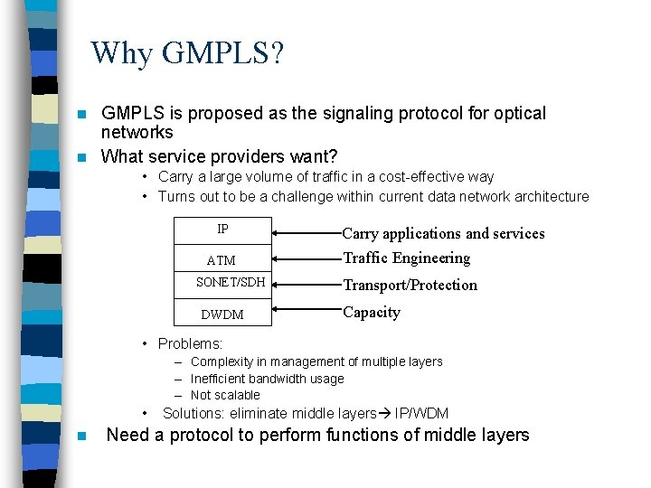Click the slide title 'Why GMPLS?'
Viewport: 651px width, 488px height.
click(x=187, y=53)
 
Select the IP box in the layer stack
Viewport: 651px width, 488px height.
click(x=222, y=230)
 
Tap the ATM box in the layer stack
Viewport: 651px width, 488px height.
click(x=222, y=260)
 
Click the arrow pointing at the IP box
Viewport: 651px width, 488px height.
click(x=307, y=232)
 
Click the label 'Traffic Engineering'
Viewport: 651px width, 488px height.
click(x=406, y=258)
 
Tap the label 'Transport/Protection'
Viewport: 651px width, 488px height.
click(x=410, y=286)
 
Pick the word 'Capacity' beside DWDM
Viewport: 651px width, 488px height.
click(x=371, y=313)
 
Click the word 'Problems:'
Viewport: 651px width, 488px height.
click(x=190, y=343)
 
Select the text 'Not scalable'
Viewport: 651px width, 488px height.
click(x=225, y=395)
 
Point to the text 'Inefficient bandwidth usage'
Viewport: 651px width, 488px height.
click(x=268, y=379)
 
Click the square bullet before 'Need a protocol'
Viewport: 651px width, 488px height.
click(x=81, y=436)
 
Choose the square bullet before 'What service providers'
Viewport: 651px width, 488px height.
click(x=81, y=157)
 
